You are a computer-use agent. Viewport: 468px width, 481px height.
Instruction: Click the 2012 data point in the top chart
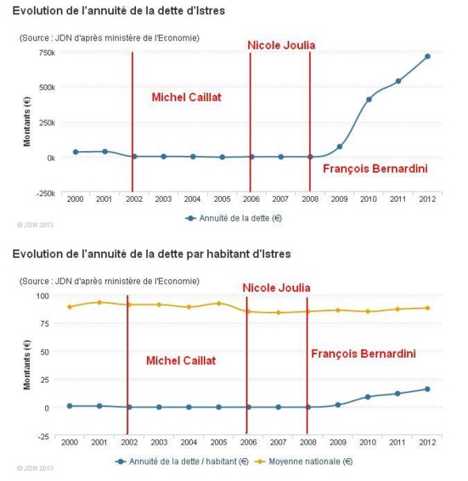coord(427,57)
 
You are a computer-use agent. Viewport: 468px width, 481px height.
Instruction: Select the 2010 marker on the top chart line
coord(369,99)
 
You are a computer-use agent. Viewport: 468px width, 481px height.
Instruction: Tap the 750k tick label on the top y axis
coord(46,53)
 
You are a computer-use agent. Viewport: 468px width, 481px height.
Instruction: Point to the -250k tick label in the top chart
coord(44,193)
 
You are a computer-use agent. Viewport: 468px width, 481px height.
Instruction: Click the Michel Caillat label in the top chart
coord(185,97)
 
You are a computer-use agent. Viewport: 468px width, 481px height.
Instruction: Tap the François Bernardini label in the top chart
coord(375,169)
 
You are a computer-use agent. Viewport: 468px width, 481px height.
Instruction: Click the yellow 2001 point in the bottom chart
coord(99,302)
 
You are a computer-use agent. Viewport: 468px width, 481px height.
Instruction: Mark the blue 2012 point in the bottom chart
coord(427,389)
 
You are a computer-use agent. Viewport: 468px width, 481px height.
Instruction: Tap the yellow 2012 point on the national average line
coord(427,308)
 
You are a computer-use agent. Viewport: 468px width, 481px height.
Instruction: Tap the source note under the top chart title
coord(110,37)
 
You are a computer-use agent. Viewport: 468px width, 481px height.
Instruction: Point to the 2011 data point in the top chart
coord(398,81)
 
